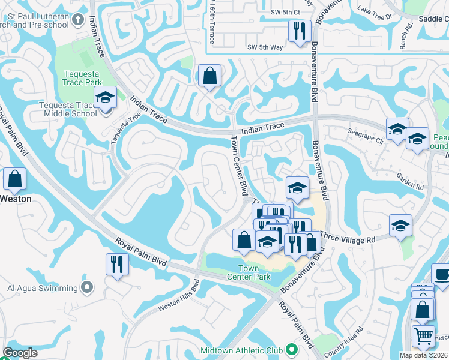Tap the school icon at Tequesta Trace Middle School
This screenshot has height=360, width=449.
point(105,98)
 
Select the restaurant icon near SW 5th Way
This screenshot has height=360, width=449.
point(299,31)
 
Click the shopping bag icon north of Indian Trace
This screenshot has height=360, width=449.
point(209,76)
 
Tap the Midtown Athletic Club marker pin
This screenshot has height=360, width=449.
point(292,349)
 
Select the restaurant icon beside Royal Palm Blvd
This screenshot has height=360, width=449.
point(116,263)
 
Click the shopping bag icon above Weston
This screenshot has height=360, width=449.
point(14,178)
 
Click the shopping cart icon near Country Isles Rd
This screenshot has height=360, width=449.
point(423,337)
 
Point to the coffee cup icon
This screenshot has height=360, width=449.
point(442,274)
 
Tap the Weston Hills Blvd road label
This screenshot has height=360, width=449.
point(178,298)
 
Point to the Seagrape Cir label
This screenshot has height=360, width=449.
point(366,134)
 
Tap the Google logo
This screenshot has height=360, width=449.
point(20,353)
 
